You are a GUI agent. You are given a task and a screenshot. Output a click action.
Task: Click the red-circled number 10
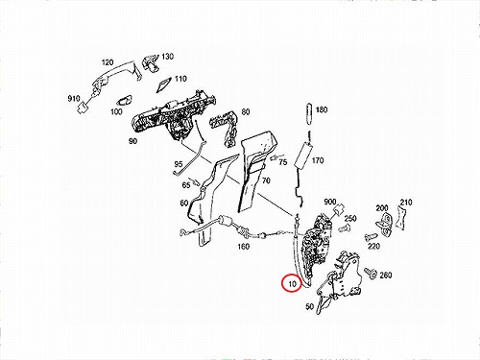point(292,284)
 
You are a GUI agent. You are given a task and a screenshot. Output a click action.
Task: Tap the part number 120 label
point(108,62)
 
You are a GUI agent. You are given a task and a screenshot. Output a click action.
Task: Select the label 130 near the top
point(167,57)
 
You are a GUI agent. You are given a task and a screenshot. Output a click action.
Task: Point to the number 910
point(74,98)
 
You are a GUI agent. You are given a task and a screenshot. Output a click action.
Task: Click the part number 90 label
point(132,141)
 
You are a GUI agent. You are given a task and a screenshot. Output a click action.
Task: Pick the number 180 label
point(322,109)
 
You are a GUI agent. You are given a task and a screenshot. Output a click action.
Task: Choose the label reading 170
point(318,160)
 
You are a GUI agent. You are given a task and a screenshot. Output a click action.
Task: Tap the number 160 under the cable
point(243,247)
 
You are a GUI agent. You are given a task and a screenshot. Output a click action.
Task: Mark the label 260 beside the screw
point(386,275)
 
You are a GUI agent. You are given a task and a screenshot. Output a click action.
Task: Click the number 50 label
point(309,306)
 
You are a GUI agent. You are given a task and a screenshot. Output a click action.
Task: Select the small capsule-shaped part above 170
point(309,114)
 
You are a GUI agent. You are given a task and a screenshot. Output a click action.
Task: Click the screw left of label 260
point(371,274)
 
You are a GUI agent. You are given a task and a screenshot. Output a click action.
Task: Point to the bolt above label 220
point(369,238)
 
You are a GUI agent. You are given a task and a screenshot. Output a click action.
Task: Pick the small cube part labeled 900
point(338,210)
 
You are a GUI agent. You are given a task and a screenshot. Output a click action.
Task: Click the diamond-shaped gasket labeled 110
point(165,84)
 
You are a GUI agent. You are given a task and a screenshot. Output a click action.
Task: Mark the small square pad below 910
point(83,108)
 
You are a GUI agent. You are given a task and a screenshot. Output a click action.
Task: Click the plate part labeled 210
point(400,218)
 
